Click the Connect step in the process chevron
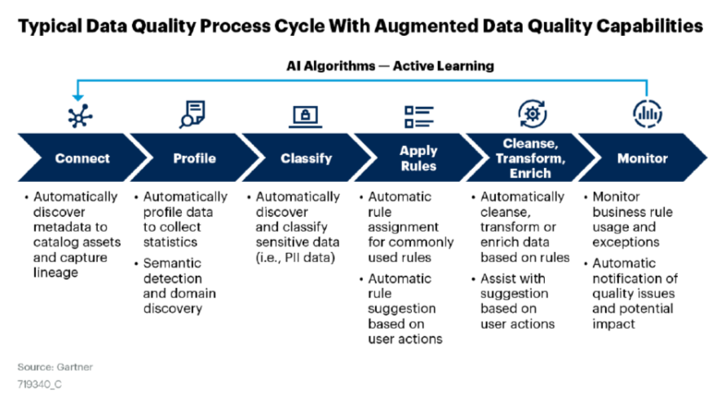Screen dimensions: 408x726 click(82, 158)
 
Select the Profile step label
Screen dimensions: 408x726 click(194, 158)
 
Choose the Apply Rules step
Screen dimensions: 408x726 click(418, 158)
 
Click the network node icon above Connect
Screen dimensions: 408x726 click(80, 115)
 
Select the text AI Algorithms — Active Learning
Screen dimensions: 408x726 click(390, 65)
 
